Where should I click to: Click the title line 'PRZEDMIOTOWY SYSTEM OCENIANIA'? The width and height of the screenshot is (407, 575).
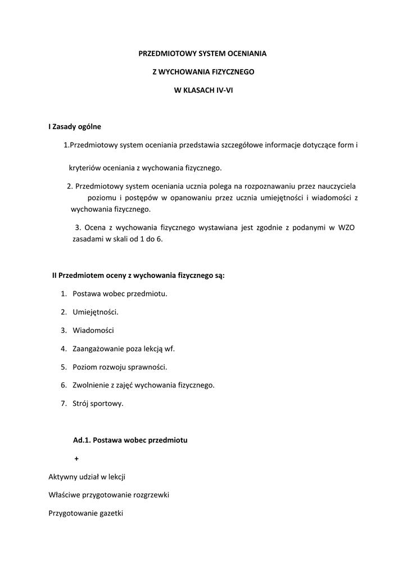(203, 53)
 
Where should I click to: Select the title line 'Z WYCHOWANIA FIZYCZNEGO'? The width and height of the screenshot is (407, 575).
(203, 72)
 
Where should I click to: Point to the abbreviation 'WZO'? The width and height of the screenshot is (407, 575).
(346, 227)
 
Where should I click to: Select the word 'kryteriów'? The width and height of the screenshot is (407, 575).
(85, 167)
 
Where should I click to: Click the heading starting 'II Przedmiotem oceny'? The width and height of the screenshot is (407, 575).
(138, 275)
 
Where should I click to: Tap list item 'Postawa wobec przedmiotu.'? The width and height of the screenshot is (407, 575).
(120, 293)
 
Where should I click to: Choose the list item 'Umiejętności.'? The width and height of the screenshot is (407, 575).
(96, 312)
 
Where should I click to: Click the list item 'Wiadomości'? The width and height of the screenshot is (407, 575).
(93, 330)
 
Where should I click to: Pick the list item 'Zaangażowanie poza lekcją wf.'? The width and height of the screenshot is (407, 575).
(124, 349)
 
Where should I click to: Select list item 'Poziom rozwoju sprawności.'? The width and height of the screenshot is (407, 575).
(120, 367)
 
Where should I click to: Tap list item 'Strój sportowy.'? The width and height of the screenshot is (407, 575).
(98, 403)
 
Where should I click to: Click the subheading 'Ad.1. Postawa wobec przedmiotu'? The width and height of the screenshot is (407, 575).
(130, 440)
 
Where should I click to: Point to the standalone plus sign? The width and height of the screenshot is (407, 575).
(76, 458)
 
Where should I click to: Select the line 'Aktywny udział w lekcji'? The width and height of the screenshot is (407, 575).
(87, 477)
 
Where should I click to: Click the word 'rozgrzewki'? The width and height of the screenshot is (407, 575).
(152, 495)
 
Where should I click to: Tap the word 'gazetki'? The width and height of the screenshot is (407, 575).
(110, 513)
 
